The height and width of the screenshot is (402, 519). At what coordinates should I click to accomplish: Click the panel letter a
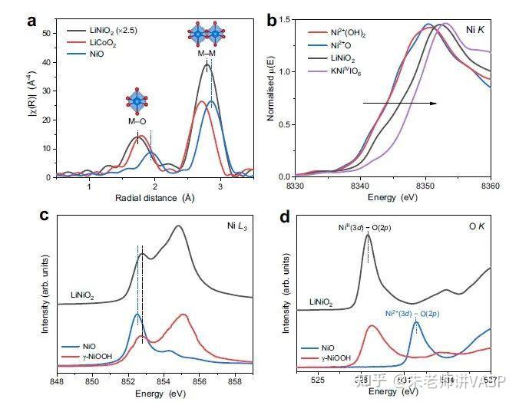click(x=31, y=21)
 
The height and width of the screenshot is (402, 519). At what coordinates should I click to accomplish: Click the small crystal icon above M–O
click(x=137, y=101)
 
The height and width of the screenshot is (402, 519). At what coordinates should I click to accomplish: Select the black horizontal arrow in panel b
click(x=400, y=101)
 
